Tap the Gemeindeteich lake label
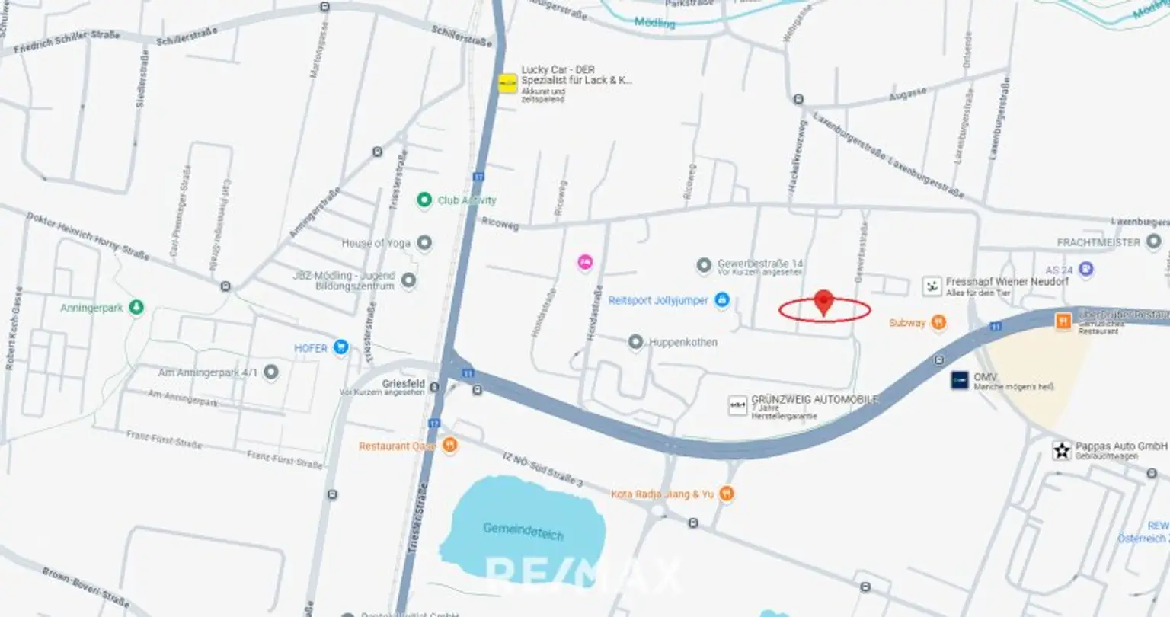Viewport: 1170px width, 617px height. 523,530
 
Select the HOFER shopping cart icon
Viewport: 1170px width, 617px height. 340,347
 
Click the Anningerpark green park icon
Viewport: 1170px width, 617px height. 136,308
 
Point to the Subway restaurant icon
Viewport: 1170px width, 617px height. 938,323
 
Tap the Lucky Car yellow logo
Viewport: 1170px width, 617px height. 508,83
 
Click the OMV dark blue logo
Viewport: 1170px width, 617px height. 960,380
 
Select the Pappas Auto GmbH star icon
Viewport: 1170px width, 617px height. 1062,450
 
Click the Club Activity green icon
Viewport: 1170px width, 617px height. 424,200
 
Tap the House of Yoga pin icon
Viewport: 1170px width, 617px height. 424,243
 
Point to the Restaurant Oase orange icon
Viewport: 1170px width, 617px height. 450,446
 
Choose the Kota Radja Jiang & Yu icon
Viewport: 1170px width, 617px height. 726,494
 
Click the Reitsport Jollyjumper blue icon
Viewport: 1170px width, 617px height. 722,301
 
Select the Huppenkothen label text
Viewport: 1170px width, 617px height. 682,343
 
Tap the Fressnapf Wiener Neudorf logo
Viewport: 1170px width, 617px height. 932,286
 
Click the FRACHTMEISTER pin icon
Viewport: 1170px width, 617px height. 1154,242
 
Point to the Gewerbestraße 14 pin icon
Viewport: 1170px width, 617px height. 704,266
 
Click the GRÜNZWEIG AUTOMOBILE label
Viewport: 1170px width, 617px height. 814,399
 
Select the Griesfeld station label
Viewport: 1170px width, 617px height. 403,384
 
